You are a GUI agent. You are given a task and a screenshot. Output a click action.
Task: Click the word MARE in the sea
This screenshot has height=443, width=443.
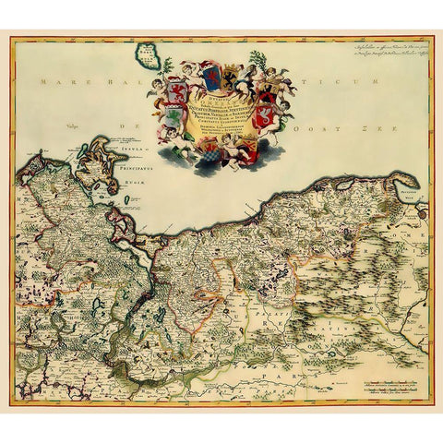pos(53,83)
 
